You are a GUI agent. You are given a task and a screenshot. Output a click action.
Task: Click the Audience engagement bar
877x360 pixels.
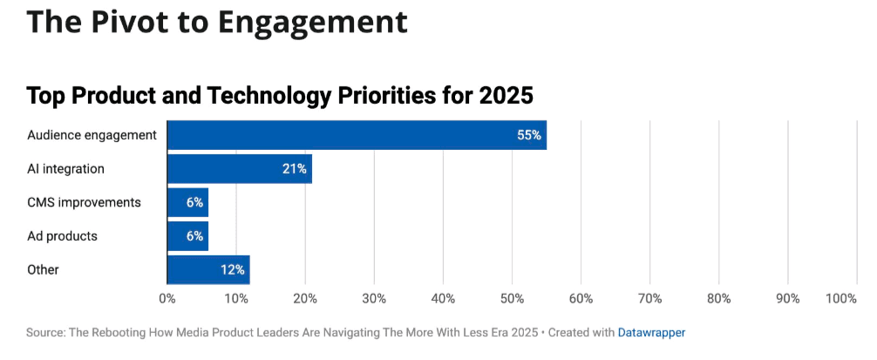pyautogui.click(x=357, y=135)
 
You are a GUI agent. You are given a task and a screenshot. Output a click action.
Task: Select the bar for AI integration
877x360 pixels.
pyautogui.click(x=239, y=169)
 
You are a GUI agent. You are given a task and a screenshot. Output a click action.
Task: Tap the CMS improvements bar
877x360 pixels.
pyautogui.click(x=187, y=202)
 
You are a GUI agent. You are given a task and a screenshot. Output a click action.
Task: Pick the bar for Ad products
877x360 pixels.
pyautogui.click(x=187, y=236)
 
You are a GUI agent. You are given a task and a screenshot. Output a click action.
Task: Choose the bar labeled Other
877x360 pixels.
pyautogui.click(x=208, y=270)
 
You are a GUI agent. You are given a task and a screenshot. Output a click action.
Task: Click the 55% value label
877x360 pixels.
pyautogui.click(x=528, y=135)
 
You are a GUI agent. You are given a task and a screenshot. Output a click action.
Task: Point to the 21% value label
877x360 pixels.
pyautogui.click(x=294, y=169)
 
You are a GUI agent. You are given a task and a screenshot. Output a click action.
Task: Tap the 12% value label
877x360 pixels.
pyautogui.click(x=232, y=270)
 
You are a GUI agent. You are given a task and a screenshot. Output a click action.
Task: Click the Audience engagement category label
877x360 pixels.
pyautogui.click(x=92, y=135)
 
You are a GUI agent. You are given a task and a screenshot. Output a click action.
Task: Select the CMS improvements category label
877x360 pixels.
pyautogui.click(x=84, y=202)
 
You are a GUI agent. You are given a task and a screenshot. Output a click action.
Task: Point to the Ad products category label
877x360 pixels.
pyautogui.click(x=62, y=236)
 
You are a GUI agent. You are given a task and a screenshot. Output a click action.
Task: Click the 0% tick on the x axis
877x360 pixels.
pyautogui.click(x=167, y=299)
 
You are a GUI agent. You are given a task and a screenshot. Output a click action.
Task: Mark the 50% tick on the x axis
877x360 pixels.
pyautogui.click(x=512, y=299)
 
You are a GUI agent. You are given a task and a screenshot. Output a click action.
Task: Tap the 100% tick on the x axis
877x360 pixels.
pyautogui.click(x=841, y=299)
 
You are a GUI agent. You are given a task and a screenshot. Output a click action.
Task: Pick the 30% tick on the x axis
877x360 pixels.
pyautogui.click(x=374, y=299)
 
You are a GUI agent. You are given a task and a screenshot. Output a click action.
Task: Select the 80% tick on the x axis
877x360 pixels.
pyautogui.click(x=718, y=299)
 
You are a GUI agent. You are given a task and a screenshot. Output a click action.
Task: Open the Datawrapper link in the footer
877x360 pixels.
pyautogui.click(x=651, y=332)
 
